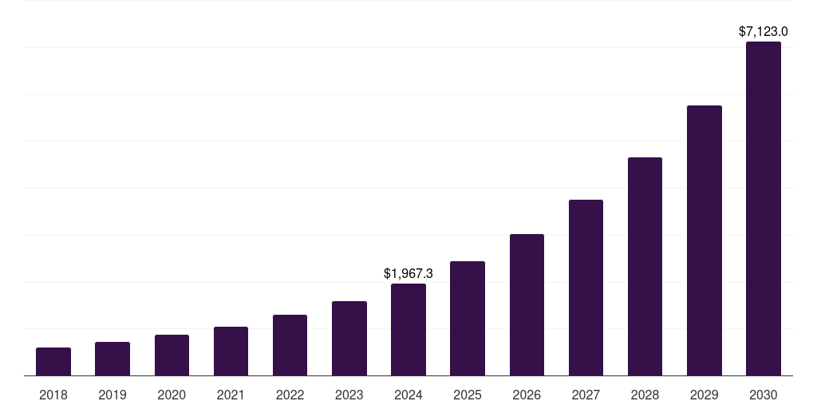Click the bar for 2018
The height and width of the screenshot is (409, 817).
[x=53, y=362]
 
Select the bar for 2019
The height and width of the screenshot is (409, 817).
[x=112, y=359]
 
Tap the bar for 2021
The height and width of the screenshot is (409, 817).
[x=231, y=351]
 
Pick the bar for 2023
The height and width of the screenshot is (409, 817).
[x=349, y=339]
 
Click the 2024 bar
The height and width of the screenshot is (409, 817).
[x=408, y=330]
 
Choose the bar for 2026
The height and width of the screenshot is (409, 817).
[x=527, y=305]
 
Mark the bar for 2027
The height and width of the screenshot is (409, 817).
[x=586, y=288]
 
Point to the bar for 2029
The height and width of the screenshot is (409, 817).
[x=705, y=240]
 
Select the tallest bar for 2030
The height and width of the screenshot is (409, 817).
[x=764, y=208]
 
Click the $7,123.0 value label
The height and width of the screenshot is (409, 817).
[x=764, y=32]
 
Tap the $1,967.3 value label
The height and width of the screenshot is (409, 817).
[x=408, y=273]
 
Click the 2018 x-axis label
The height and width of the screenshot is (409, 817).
[x=53, y=395]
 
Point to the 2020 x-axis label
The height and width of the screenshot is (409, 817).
[x=172, y=395]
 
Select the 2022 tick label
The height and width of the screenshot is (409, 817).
[x=290, y=395]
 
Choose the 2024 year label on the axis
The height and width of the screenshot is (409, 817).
[x=408, y=395]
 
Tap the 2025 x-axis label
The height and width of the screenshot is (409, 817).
[x=468, y=395]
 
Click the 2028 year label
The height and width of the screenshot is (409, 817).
[x=645, y=395]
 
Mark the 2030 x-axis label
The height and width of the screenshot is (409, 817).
[x=764, y=395]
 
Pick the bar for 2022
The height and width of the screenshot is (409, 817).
[x=290, y=345]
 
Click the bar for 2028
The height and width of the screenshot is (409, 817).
[x=645, y=267]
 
